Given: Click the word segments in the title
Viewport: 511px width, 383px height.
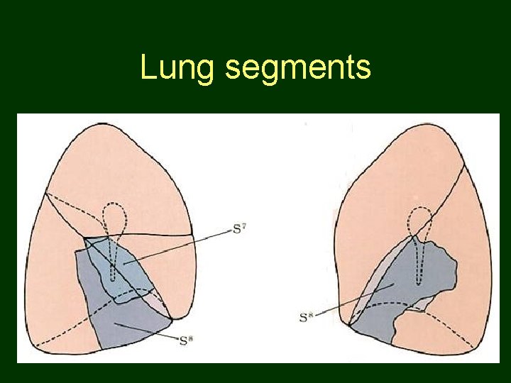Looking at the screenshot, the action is click(297, 68).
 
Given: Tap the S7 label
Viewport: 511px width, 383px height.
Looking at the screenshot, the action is click(240, 228).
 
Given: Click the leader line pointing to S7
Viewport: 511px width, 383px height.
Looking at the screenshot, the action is click(185, 245).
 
